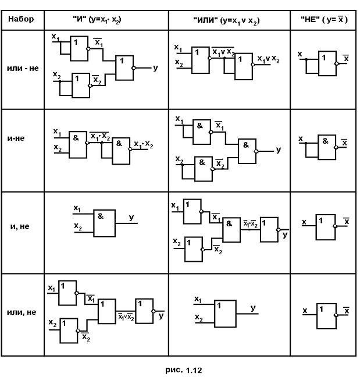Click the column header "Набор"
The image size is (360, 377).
click(22, 19)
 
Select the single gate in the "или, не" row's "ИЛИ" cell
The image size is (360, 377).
click(225, 315)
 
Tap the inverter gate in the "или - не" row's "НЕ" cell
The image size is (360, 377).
click(327, 63)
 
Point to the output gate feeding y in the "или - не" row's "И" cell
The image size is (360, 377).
click(124, 68)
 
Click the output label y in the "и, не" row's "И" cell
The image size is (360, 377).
click(131, 217)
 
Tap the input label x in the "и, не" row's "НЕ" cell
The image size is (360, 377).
click(304, 222)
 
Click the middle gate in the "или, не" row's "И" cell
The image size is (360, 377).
click(106, 311)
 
